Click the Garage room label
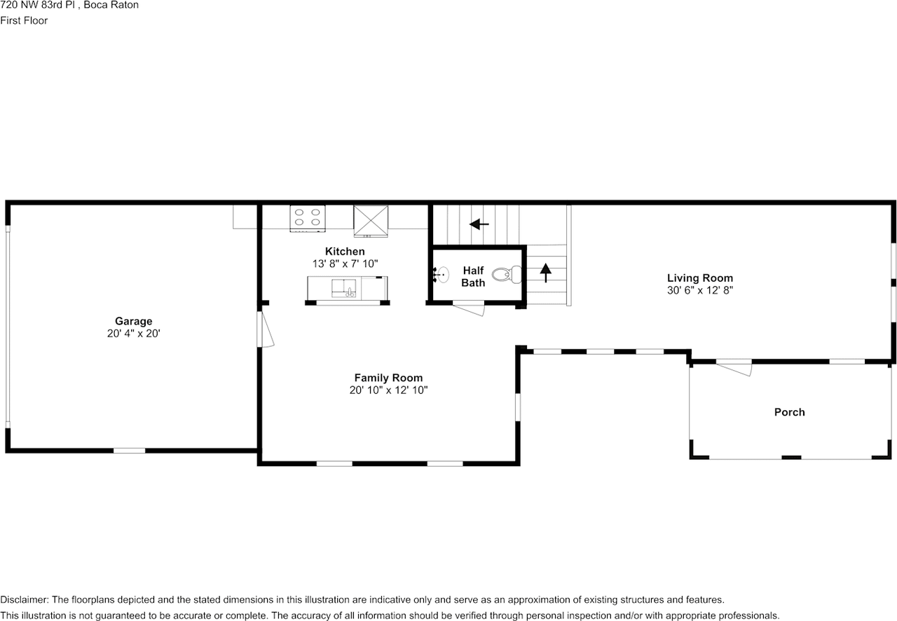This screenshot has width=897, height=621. click(133, 321)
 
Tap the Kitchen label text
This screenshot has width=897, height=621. click(345, 251)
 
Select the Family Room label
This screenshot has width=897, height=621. click(388, 378)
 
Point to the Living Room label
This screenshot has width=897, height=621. click(700, 278)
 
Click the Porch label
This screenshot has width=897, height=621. click(789, 412)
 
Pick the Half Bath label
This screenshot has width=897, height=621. click(473, 276)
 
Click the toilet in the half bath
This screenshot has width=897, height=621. click(507, 275)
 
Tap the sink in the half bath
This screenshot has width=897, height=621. click(441, 275)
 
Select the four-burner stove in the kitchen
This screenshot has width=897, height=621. click(308, 219)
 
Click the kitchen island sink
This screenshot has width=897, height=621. click(343, 289)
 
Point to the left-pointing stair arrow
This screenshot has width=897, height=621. click(479, 224)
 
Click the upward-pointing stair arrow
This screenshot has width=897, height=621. click(545, 273)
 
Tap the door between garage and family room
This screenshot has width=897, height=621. click(264, 329)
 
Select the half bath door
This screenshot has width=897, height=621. click(469, 308)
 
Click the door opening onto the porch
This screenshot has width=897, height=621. click(734, 368)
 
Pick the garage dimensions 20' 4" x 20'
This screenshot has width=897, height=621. click(133, 334)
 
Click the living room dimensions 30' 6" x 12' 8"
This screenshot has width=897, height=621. click(700, 290)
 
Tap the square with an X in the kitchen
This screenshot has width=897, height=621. click(371, 221)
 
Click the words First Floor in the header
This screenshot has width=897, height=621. click(24, 20)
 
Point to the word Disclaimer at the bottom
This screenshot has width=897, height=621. click(25, 600)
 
